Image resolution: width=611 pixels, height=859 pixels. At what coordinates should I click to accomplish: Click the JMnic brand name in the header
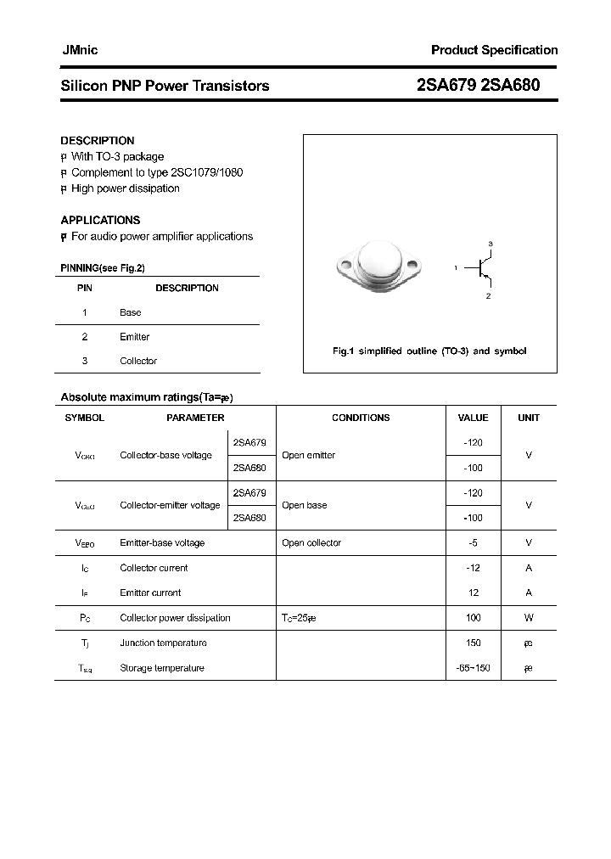click(79, 50)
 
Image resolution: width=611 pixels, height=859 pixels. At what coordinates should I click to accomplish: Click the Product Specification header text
click(494, 50)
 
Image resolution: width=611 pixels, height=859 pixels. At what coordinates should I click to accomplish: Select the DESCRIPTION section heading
click(98, 141)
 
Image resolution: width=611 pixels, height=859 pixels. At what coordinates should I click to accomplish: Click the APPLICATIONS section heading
click(100, 220)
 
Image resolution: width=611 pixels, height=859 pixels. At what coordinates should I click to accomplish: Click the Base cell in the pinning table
click(131, 312)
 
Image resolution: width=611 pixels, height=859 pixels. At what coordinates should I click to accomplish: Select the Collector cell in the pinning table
click(138, 361)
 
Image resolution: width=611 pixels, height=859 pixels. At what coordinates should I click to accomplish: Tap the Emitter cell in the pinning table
click(135, 337)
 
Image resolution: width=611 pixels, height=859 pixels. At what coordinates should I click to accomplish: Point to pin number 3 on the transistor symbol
click(490, 244)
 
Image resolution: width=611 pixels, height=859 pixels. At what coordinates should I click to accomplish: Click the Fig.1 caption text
click(429, 351)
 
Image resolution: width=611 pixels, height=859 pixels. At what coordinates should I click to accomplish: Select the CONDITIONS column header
click(361, 418)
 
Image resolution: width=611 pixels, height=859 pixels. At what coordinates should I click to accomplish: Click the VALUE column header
click(473, 418)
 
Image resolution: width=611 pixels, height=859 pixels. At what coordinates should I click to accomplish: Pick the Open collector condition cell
click(311, 542)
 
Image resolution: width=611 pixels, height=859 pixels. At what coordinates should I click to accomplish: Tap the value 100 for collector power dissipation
click(474, 618)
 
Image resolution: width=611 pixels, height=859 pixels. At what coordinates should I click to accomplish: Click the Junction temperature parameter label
click(163, 643)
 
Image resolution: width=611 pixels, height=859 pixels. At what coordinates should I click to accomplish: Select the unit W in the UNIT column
click(528, 618)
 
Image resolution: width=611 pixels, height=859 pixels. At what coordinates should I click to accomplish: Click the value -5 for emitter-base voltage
click(474, 542)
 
